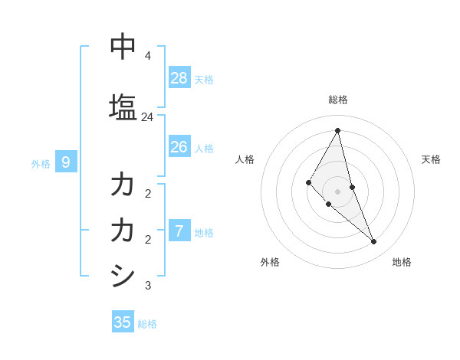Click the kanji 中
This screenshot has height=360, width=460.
tap(123, 46)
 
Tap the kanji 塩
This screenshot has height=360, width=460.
tap(123, 106)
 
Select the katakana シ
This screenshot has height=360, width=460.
tap(123, 275)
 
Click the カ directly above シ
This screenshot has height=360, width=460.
tap(123, 229)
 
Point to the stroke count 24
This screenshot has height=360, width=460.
tap(147, 117)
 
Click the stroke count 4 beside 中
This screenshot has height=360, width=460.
tap(147, 56)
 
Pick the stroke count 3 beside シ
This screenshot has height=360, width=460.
tap(147, 286)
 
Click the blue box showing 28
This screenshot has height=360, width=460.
tap(179, 77)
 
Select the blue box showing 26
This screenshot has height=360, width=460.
tap(179, 146)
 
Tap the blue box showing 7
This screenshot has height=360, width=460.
tap(179, 231)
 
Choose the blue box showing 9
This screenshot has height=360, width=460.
tap(66, 162)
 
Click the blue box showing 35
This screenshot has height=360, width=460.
tap(123, 322)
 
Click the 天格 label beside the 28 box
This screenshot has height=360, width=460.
tap(204, 79)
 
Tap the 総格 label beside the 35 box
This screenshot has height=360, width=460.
tap(147, 324)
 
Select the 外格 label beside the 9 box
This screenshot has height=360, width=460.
tap(41, 163)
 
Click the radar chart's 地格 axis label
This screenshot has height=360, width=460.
tap(402, 262)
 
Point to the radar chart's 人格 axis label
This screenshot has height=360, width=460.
tap(245, 159)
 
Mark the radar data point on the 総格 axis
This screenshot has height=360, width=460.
tap(337, 130)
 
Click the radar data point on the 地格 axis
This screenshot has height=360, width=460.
tap(374, 242)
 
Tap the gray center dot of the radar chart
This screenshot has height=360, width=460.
tap(337, 191)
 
